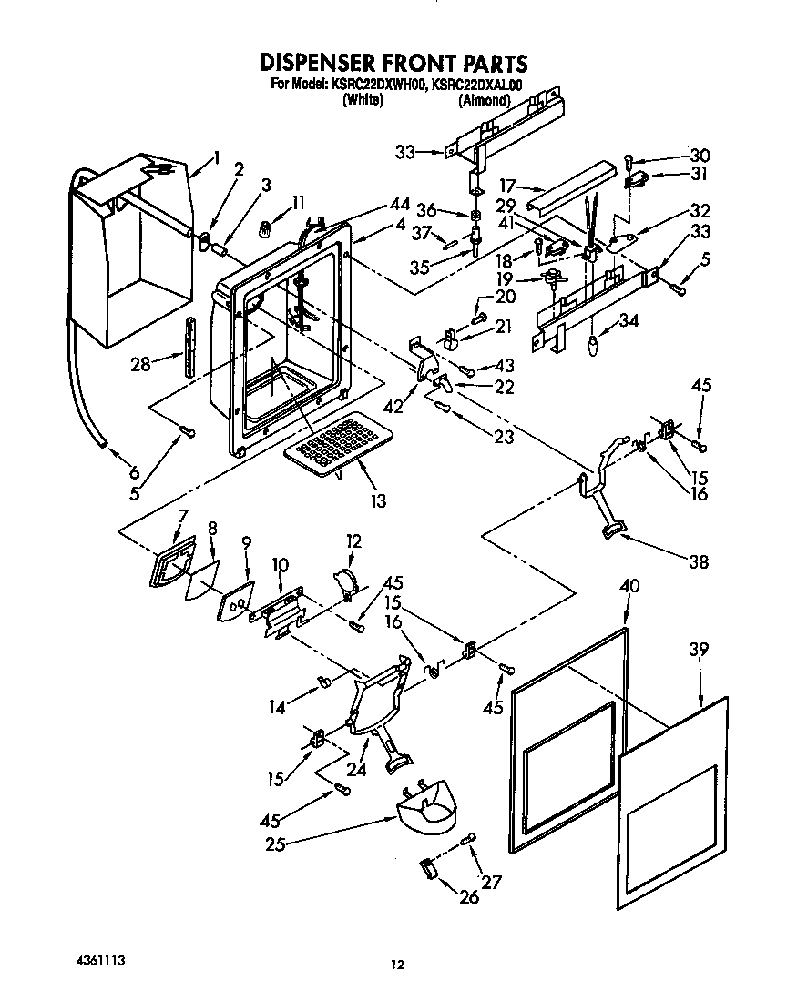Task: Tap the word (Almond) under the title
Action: coord(483,101)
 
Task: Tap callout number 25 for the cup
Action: coord(274,844)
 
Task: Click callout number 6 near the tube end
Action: coord(134,471)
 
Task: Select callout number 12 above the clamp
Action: coord(353,541)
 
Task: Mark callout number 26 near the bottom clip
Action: coord(468,897)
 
